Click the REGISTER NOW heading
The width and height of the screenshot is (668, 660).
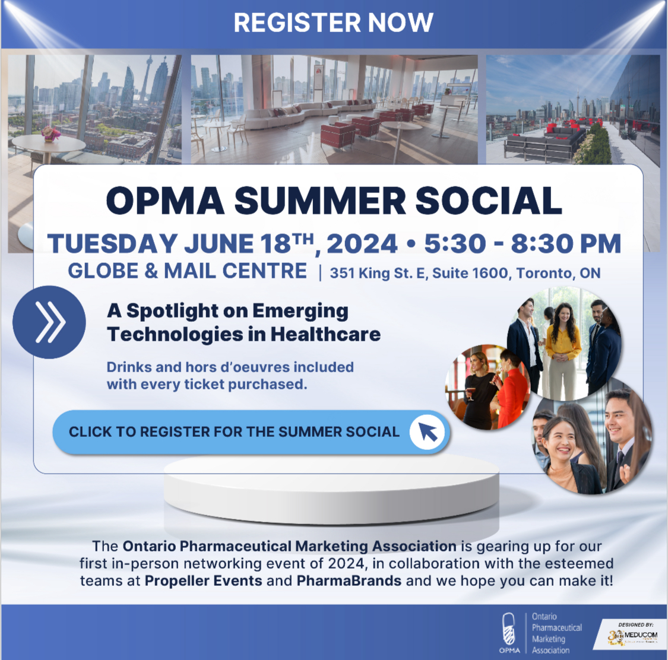point(333,23)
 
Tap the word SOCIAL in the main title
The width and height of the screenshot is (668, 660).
point(488,201)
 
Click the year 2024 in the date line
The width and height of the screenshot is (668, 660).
point(362,244)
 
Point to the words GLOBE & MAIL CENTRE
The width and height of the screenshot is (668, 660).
point(187,271)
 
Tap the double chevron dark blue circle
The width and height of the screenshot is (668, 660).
point(49,322)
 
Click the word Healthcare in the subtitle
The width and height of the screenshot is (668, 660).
point(325,334)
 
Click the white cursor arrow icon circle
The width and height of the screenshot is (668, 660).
point(427,431)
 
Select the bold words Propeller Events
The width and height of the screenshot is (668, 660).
point(204,580)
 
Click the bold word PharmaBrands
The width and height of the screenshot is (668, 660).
point(349,580)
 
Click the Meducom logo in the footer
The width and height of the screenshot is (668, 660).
point(633,637)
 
